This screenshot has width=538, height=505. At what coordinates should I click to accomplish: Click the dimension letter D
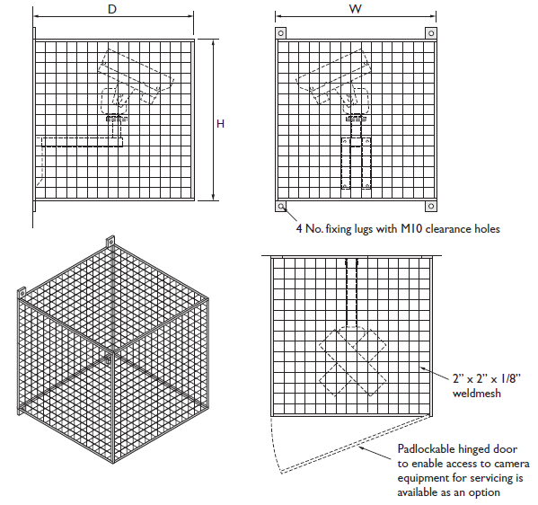tap(112, 9)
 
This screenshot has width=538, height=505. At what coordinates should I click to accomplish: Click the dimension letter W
tap(355, 9)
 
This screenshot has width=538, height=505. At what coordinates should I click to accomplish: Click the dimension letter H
tap(220, 124)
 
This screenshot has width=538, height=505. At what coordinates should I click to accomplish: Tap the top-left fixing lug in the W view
tap(280, 33)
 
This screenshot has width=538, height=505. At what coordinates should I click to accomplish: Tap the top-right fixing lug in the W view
tap(431, 33)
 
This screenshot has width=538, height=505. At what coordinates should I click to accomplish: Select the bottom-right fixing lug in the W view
tap(431, 207)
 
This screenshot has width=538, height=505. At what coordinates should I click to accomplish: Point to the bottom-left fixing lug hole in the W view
tap(281, 207)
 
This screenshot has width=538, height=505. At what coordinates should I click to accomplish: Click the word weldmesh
tap(477, 393)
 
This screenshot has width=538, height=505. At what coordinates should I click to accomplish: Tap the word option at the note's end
tap(485, 492)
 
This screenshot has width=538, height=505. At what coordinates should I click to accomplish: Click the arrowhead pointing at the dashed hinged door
tap(360, 447)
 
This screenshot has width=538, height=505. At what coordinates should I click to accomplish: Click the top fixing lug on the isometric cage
tap(110, 242)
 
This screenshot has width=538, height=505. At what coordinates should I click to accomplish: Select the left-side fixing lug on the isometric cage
tap(22, 293)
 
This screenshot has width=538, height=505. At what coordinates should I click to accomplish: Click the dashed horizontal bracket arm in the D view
tap(82, 142)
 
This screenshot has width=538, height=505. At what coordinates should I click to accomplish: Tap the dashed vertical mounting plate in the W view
tap(357, 164)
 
